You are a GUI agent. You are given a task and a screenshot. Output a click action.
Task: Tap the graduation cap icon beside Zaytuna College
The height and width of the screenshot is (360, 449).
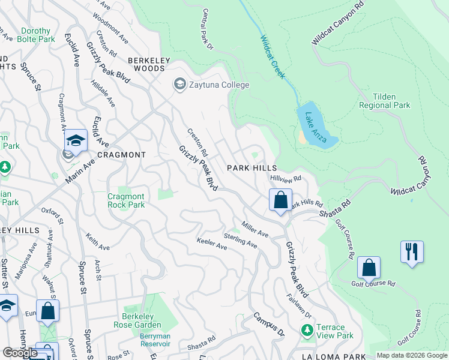[179, 85]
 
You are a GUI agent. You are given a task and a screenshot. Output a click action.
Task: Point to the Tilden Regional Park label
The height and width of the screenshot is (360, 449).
[384, 101]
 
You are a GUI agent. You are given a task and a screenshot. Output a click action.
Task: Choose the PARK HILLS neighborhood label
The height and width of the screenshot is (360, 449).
[252, 169]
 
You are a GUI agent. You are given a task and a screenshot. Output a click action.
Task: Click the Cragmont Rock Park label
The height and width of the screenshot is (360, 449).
[126, 200]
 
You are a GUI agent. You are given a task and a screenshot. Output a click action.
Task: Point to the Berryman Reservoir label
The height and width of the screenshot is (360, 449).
[155, 340]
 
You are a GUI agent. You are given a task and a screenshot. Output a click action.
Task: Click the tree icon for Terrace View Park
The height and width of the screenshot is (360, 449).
[307, 330]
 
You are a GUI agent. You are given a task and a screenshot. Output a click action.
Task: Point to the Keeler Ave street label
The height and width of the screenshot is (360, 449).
[212, 244]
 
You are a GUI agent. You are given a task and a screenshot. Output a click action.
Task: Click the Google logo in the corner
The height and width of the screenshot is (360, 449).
[20, 353]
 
